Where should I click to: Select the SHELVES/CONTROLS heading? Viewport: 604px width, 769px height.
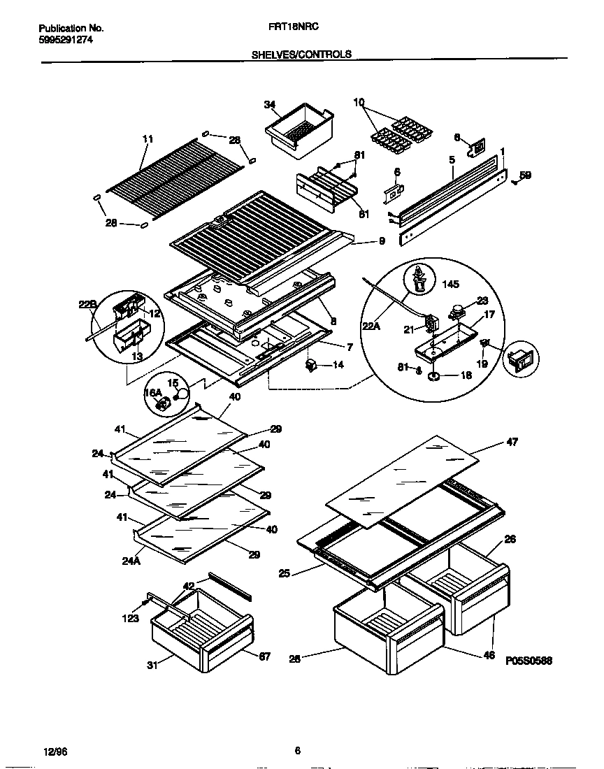[x=301, y=54]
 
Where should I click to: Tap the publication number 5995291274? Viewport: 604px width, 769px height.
[x=65, y=40]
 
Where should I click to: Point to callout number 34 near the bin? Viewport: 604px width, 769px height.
[x=269, y=105]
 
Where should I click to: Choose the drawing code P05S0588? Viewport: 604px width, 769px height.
[x=528, y=660]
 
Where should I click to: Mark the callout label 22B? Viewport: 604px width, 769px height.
[x=87, y=305]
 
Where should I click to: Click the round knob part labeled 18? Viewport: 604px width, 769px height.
[x=433, y=376]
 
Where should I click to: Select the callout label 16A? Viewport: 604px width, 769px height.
[x=152, y=394]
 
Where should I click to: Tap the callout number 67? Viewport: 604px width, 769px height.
[x=264, y=656]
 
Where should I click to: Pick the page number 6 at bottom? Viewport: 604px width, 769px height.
[x=297, y=751]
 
